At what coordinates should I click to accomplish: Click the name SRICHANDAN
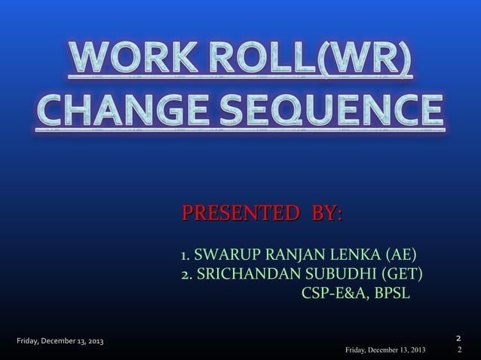pos(244,273)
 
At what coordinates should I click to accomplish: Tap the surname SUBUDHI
pos(337,273)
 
